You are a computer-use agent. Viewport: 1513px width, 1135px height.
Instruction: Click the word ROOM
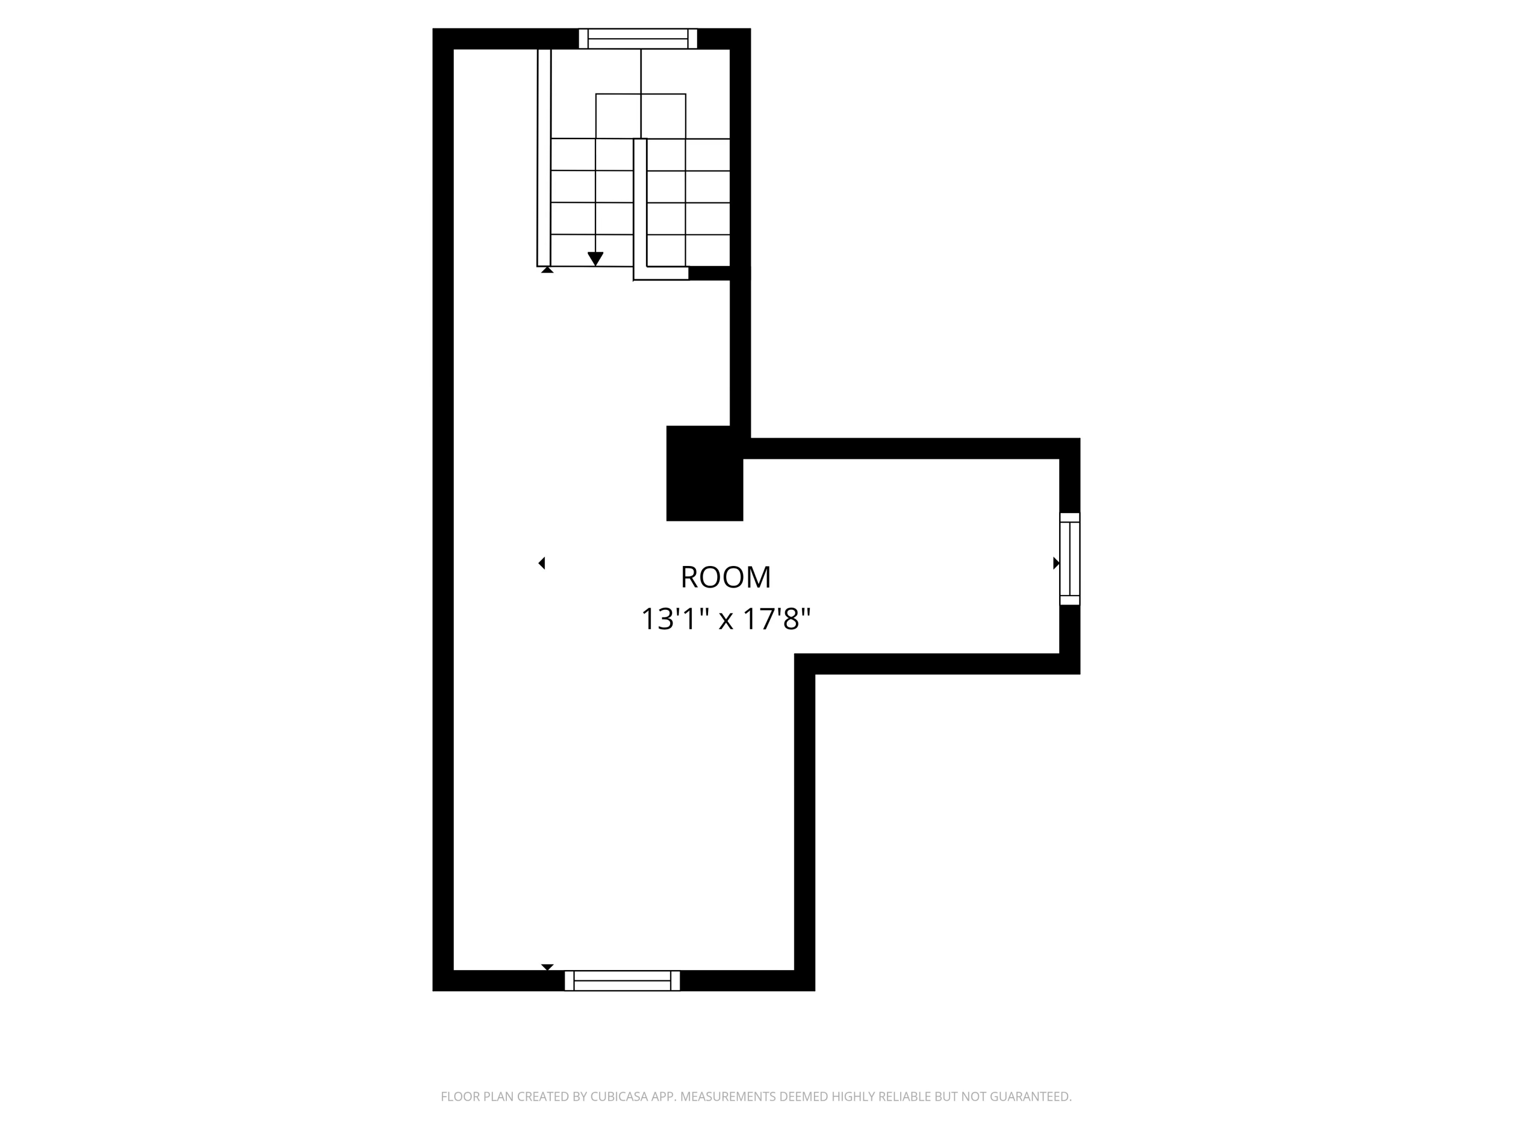pos(725,578)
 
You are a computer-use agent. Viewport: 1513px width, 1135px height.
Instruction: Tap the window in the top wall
pos(637,39)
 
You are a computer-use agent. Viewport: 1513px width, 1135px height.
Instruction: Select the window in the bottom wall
pos(622,980)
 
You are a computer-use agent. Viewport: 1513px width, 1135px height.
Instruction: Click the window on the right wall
pos(1069,559)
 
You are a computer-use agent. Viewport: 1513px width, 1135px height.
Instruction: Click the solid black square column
pos(704,474)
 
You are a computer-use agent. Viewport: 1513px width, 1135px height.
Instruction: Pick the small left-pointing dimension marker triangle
pos(542,563)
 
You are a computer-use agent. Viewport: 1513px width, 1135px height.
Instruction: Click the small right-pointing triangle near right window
pos(1056,563)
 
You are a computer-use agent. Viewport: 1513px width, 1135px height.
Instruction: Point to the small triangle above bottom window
pos(547,967)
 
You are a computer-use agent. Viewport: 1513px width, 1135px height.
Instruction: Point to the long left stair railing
pos(544,157)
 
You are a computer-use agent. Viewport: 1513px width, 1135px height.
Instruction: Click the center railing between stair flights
pos(640,205)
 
